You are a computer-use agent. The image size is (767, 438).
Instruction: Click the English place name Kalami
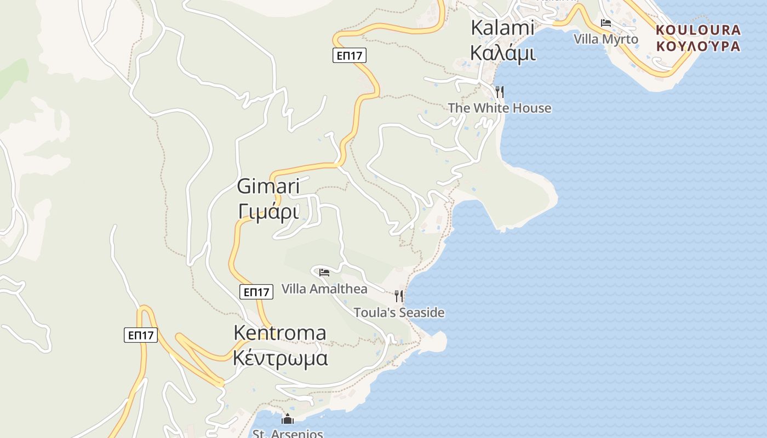click(x=502, y=28)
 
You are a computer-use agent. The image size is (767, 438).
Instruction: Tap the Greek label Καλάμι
click(x=502, y=53)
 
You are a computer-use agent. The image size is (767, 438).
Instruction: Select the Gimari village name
click(x=268, y=186)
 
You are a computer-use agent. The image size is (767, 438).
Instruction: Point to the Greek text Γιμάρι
click(x=268, y=211)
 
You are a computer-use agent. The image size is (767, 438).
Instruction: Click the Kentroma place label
click(x=280, y=333)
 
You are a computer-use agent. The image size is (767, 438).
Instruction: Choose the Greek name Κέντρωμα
click(x=280, y=358)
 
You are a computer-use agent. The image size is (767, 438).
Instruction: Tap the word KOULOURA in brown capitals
click(x=698, y=30)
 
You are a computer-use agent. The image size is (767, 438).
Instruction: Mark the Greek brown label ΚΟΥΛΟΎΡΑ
click(x=698, y=47)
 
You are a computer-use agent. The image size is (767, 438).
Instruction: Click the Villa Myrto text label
click(x=606, y=39)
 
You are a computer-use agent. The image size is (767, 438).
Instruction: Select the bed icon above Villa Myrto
click(x=606, y=23)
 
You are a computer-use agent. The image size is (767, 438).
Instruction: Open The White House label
click(x=500, y=108)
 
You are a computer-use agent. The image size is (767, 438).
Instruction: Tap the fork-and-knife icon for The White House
click(x=499, y=91)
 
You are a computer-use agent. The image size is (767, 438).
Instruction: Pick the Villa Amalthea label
click(x=324, y=289)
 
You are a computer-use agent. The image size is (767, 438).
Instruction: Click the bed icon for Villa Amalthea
click(x=324, y=272)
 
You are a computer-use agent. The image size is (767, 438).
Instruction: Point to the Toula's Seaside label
click(x=399, y=313)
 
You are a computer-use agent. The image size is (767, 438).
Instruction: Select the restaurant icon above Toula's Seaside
click(x=399, y=296)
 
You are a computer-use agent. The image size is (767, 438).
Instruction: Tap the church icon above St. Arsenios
click(x=288, y=420)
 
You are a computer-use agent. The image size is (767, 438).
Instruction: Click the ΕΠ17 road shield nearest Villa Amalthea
click(x=256, y=292)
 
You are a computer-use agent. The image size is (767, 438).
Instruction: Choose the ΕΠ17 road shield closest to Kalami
click(x=350, y=55)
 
